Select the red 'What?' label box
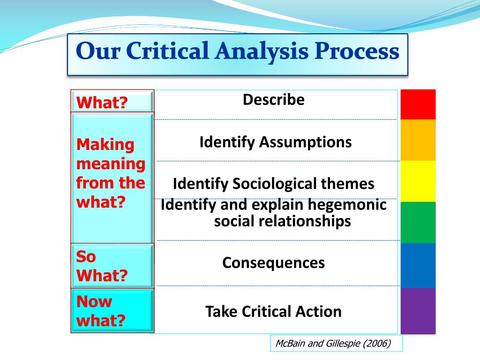112,102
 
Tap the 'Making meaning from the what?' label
112,173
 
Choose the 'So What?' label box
112,266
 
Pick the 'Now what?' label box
112,311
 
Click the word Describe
273,100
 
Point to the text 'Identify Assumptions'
275,142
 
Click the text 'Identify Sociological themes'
273,183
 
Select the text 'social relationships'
282,221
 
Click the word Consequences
273,262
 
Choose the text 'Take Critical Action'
273,311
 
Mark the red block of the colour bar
418,105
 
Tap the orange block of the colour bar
418,140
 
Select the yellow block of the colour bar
418,181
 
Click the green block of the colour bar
418,222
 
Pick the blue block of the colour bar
418,265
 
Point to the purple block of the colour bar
418,310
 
